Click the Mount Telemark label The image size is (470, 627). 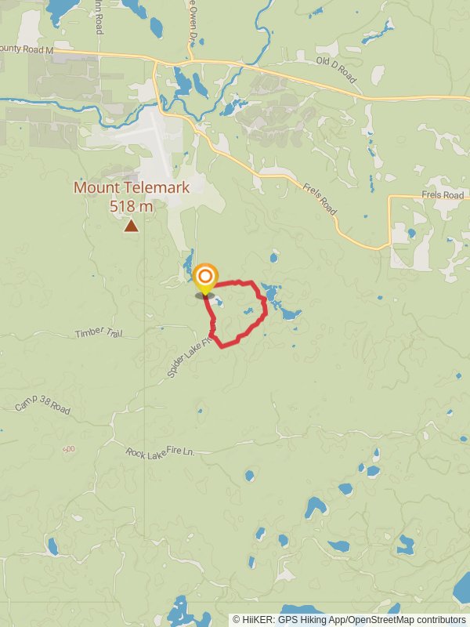click(131, 188)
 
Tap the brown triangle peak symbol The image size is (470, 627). click(131, 226)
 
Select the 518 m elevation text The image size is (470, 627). click(131, 206)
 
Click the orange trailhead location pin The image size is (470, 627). click(204, 278)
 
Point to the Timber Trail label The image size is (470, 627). click(99, 333)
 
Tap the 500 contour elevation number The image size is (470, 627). click(70, 448)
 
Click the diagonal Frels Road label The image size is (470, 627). click(319, 199)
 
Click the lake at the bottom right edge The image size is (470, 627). click(462, 588)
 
